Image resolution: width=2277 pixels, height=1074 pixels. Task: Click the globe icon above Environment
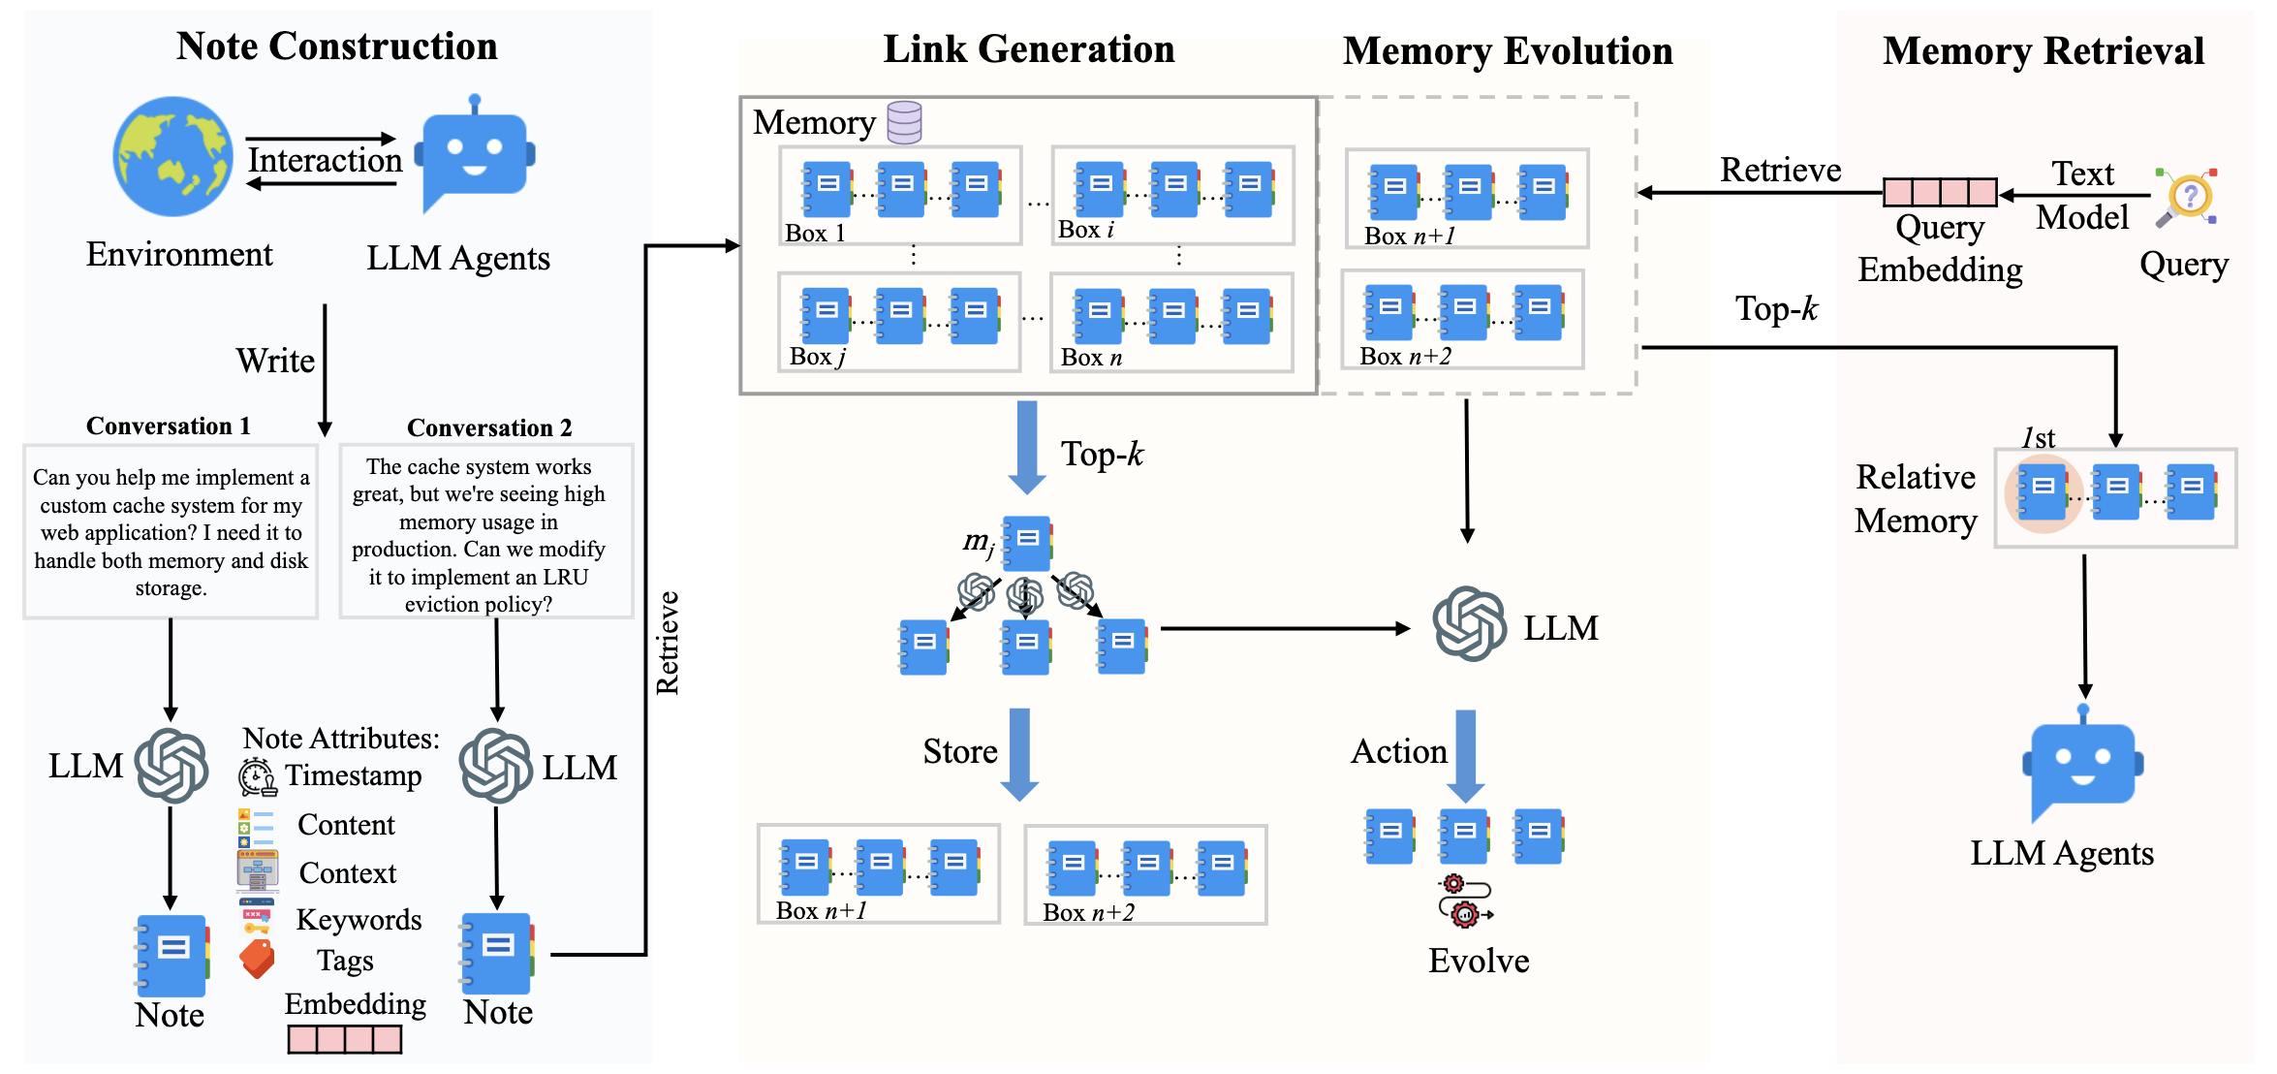coord(172,156)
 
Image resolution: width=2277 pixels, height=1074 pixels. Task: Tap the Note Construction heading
coord(336,47)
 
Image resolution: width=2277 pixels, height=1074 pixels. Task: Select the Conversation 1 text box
coord(171,531)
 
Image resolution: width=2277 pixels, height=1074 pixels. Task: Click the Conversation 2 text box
coord(486,531)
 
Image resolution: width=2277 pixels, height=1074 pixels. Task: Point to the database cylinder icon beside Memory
coord(904,123)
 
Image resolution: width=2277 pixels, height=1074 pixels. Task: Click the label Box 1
coord(815,234)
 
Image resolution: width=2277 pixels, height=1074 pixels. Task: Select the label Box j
coord(818,357)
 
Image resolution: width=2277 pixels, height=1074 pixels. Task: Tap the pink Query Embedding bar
coord(1940,192)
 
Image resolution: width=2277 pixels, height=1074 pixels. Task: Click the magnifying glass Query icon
coord(2187,198)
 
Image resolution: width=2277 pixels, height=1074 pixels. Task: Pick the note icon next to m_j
coord(1027,544)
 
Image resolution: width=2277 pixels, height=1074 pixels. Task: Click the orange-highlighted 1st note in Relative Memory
coord(2043,493)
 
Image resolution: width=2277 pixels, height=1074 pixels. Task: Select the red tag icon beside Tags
coord(257,959)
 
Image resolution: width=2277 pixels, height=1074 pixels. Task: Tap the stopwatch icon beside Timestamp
coord(257,777)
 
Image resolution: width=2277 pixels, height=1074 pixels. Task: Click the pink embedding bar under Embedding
coord(345,1039)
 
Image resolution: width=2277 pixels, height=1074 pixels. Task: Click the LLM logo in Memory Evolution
coord(1470,624)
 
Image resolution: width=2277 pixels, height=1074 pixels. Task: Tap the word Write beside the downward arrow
coord(275,361)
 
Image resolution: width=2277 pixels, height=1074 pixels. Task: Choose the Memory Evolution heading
coord(1508,51)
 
